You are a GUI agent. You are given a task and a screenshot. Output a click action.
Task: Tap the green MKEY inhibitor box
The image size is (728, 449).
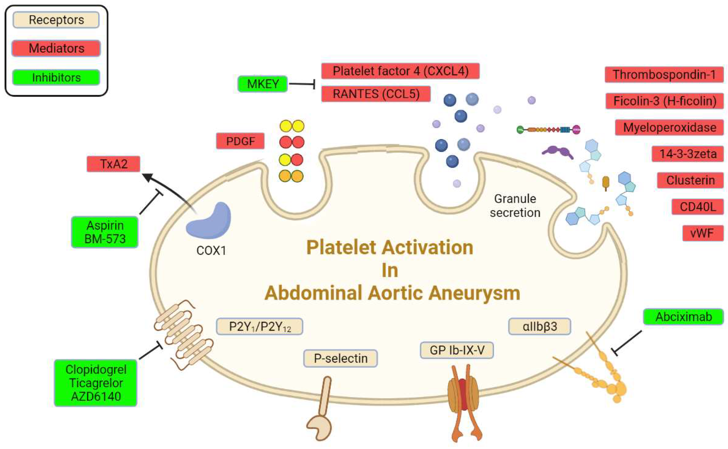point(263,84)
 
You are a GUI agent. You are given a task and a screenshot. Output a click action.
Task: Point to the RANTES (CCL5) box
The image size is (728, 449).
point(376,94)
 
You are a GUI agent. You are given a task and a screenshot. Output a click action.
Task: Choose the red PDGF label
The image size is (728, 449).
point(240,141)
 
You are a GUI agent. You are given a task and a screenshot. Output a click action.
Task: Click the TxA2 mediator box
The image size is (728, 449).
point(113,164)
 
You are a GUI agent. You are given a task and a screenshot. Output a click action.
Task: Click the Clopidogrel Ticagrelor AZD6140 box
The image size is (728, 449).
point(95,383)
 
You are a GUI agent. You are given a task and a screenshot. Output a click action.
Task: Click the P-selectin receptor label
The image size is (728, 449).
point(340,359)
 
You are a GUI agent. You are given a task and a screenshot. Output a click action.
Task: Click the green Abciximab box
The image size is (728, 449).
point(683,317)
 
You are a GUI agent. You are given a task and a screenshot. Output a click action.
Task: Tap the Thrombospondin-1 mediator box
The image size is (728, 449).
point(664,75)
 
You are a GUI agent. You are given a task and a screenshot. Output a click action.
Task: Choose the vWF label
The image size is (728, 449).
point(702,233)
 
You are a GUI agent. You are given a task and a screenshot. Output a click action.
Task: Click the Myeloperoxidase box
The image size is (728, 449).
point(669,127)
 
